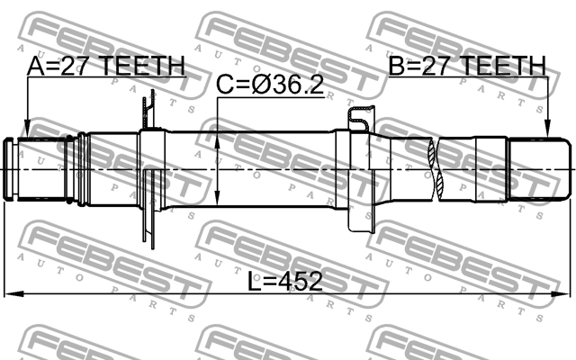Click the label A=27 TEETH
click(x=106, y=66)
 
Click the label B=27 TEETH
click(x=467, y=66)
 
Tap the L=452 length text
click(x=284, y=282)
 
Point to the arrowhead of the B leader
click(x=547, y=135)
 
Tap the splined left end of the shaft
click(x=36, y=169)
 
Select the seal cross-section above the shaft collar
click(x=359, y=114)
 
